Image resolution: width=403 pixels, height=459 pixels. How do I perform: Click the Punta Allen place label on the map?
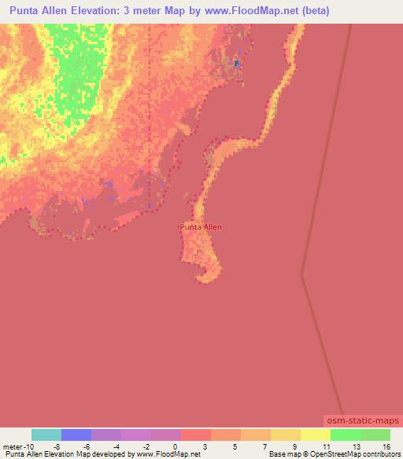[201, 227]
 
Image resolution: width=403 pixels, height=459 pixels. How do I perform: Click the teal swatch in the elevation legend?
[46, 435]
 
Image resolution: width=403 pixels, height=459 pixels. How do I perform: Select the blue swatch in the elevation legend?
[76, 435]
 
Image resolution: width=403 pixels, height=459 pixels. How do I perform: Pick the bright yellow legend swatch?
[315, 435]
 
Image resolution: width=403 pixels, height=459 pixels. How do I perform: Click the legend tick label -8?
[57, 446]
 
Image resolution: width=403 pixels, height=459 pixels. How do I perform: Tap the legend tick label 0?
[174, 446]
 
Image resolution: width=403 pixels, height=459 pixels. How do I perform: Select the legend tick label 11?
[325, 446]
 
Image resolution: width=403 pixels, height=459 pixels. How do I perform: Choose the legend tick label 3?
[205, 446]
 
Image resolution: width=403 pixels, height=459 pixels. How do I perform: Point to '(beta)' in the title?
[313, 11]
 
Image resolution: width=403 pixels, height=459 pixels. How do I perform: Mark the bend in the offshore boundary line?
[302, 274]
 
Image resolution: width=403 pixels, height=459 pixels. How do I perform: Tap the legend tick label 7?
[264, 446]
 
